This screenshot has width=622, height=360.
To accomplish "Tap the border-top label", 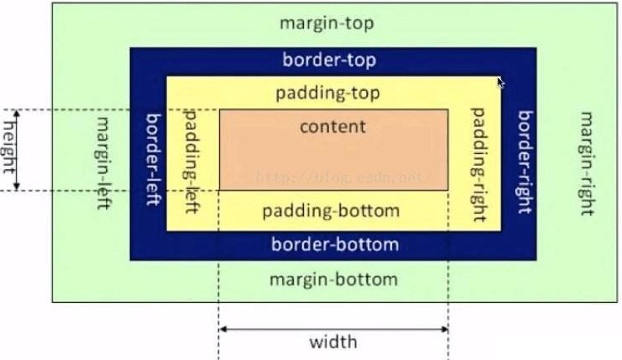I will [329, 61].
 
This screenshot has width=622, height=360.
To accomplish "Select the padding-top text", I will [327, 93].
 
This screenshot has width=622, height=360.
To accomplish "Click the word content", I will [332, 127].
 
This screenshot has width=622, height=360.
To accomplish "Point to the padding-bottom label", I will [330, 210].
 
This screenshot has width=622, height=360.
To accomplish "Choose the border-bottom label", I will [334, 245].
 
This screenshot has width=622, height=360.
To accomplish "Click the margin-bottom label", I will [332, 279].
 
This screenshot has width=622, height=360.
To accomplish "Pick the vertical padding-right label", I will [479, 164].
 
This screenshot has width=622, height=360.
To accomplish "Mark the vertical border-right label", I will [525, 161].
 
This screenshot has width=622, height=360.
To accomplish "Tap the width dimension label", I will [332, 341].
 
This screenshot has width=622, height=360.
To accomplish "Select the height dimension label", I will [9, 148].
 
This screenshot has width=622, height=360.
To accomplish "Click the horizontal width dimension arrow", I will [332, 327].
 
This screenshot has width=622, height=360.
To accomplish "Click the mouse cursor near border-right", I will [501, 82].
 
